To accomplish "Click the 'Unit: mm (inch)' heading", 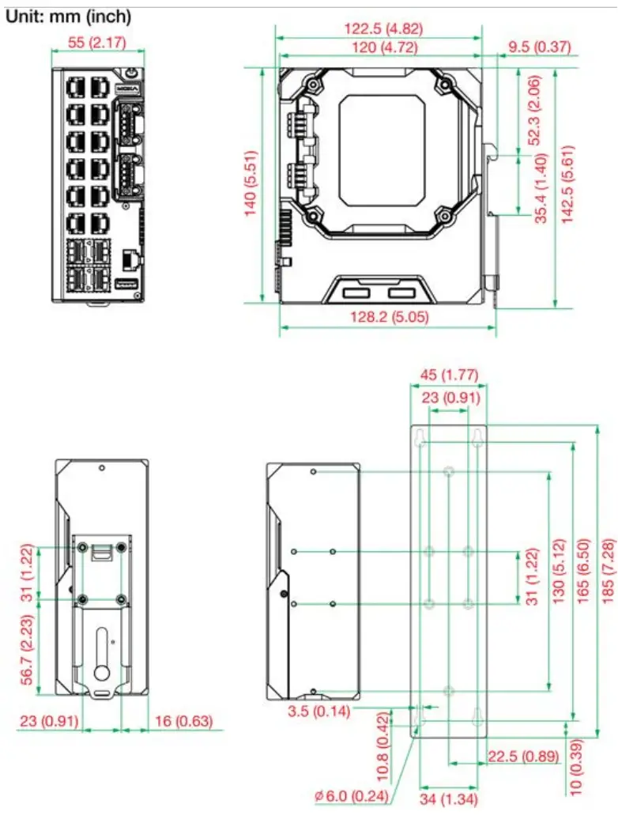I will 69,16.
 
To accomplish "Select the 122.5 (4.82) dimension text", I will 383,28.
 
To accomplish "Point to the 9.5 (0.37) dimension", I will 539,47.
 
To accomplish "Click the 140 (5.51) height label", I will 252,184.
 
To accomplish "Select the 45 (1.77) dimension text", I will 448,374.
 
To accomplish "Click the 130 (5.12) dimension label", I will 559,579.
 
